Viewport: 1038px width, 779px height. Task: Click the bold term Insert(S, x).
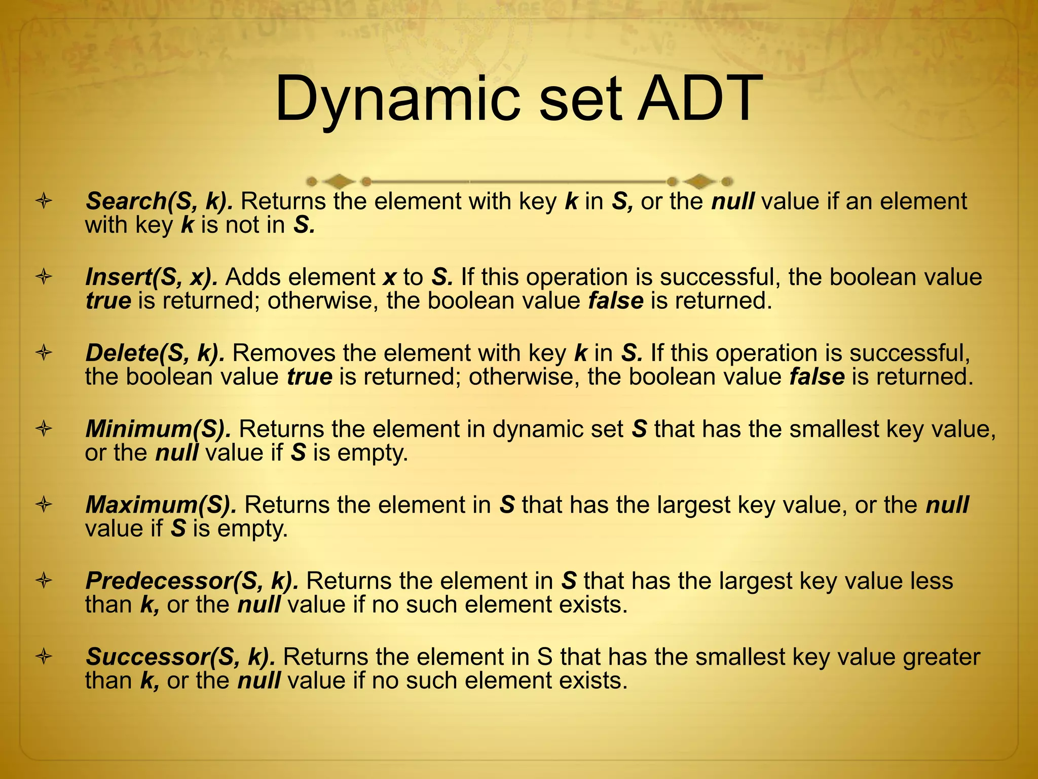click(152, 277)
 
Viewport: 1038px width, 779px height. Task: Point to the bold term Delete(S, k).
click(155, 353)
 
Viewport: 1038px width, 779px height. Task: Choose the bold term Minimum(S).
click(158, 429)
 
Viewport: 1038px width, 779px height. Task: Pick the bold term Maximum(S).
click(161, 505)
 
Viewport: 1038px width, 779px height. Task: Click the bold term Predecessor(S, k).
click(192, 581)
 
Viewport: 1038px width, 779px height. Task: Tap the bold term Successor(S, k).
click(180, 657)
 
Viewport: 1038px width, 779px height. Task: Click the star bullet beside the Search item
click(44, 202)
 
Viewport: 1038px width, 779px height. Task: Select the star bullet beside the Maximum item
click(44, 505)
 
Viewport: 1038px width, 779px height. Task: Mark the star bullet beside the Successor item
click(44, 657)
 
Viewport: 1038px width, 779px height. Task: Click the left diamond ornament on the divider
click(339, 181)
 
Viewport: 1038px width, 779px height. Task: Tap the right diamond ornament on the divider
click(699, 181)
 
